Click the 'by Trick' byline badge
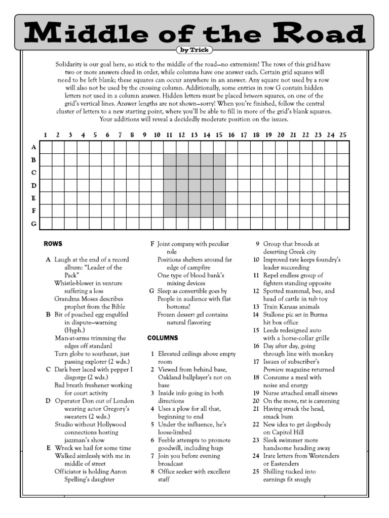tap(194, 50)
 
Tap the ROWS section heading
tap(53, 244)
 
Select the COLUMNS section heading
tap(162, 337)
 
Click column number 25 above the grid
tap(342, 135)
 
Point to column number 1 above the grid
tap(46, 135)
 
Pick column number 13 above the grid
tap(194, 135)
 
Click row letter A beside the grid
tap(34, 147)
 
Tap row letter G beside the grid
tap(34, 224)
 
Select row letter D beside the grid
tap(34, 186)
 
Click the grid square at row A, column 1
tap(46, 147)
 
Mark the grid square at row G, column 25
tap(343, 224)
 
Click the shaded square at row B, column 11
tap(170, 160)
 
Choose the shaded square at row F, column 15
tap(219, 211)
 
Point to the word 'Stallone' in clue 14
tap(276, 315)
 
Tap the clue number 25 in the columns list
tap(256, 471)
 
